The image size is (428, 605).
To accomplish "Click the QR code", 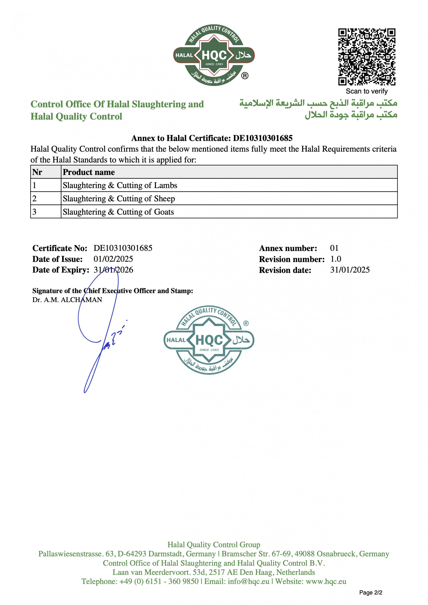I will pos(367,57).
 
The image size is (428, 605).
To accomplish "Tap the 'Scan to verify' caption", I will pos(367,91).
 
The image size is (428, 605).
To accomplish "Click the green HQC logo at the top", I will pos(214,55).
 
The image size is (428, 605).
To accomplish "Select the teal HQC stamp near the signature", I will pos(209,340).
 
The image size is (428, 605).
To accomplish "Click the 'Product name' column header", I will pos(89,172).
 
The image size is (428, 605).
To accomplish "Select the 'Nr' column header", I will pos(37,172).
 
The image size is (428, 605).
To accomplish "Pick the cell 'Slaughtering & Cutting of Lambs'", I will pos(120,185).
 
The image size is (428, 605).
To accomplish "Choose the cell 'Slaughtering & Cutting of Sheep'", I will pos(119,199).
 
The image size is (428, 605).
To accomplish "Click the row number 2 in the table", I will pos(34,199).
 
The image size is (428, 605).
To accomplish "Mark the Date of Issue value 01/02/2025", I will pos(113,259).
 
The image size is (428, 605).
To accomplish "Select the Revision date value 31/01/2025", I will pos(350,270).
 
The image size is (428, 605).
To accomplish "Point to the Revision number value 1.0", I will pos(336,259).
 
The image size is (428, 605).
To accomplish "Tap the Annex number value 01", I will pos(334,248).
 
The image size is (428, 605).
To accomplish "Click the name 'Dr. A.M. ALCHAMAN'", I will pos(67,300).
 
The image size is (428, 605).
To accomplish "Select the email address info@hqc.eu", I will pos(249,581).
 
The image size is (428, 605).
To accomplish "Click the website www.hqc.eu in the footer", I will pos(326,581).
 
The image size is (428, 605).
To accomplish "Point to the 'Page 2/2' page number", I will pos(371,592).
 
